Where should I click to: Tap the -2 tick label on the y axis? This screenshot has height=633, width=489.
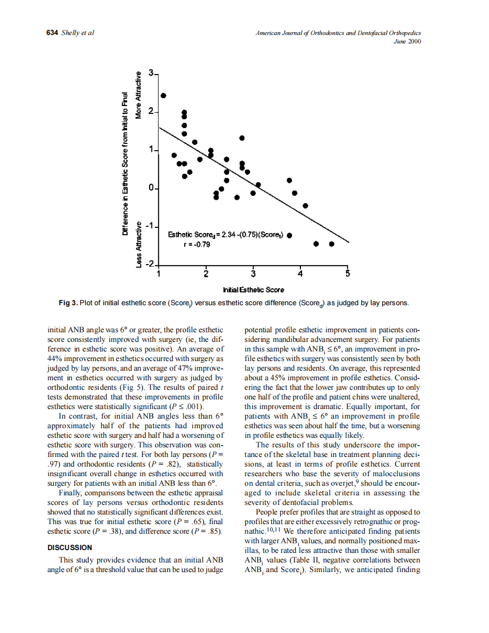click(x=150, y=264)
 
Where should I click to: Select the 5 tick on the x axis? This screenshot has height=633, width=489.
click(x=348, y=274)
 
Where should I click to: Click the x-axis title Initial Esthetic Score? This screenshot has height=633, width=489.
click(x=254, y=289)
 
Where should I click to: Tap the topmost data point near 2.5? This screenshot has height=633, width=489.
click(x=164, y=95)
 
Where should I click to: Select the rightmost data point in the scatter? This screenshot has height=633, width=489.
click(x=332, y=244)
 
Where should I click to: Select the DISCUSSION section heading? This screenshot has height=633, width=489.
click(x=69, y=547)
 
